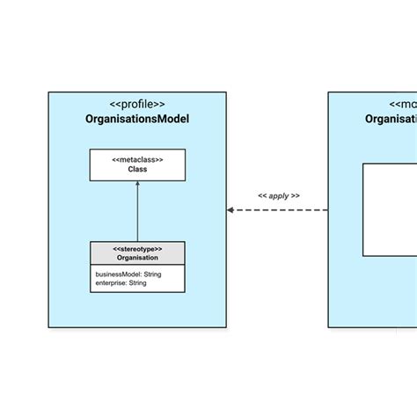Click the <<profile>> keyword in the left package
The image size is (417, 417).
[x=137, y=104]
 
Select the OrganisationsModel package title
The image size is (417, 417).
[x=137, y=120]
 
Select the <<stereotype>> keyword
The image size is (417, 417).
[x=137, y=249]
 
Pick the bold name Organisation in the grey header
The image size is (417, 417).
[x=137, y=258]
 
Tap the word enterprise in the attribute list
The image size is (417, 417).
[x=113, y=283]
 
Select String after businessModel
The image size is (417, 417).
[x=152, y=274]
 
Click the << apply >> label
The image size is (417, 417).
[x=278, y=195]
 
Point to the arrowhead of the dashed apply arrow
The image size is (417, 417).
[x=230, y=210]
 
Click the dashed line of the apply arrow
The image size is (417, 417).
[x=282, y=210]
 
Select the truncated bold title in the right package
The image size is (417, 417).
[x=391, y=120]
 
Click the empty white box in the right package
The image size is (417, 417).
[x=390, y=209]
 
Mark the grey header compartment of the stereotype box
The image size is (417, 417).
[x=137, y=253]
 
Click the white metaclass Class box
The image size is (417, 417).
[x=137, y=165]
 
